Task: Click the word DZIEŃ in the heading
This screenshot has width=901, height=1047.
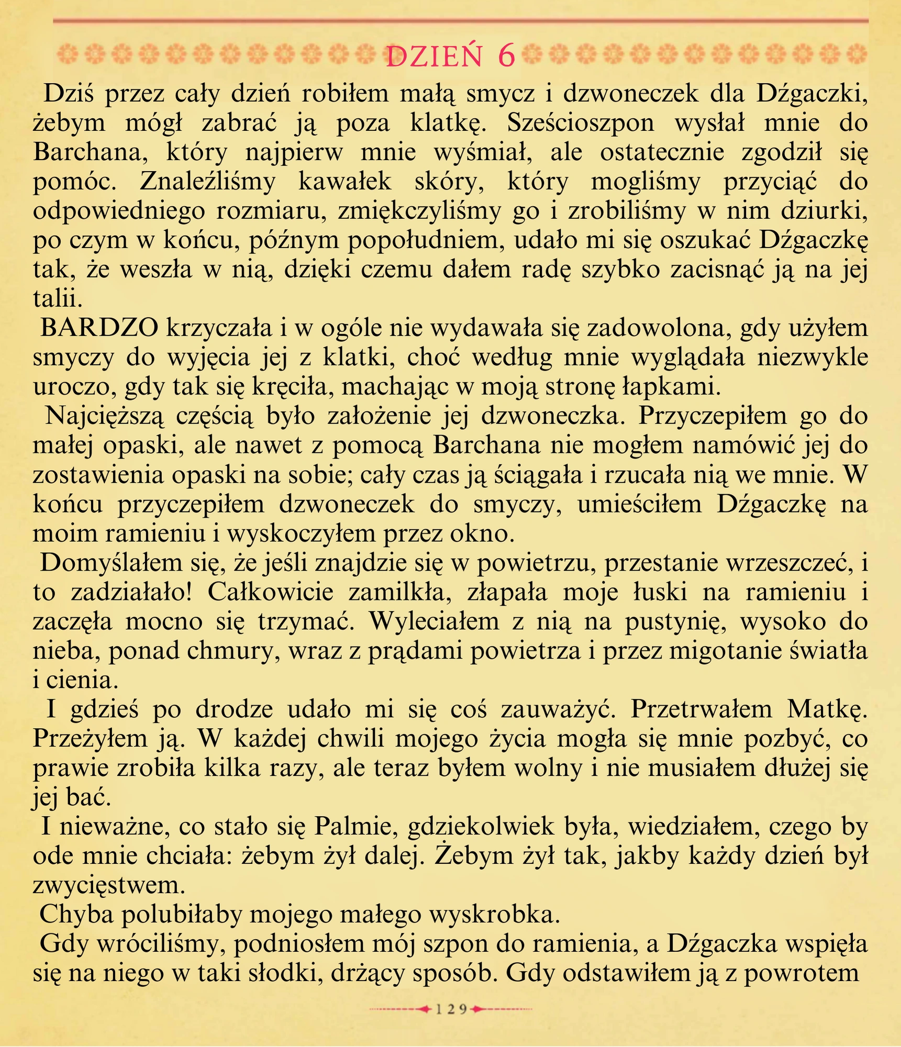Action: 433,57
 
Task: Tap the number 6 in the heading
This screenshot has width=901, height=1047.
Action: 506,56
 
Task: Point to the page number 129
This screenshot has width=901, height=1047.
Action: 451,1009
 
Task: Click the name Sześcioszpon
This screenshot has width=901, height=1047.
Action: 581,123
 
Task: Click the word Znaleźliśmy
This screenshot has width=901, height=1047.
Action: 207,182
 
